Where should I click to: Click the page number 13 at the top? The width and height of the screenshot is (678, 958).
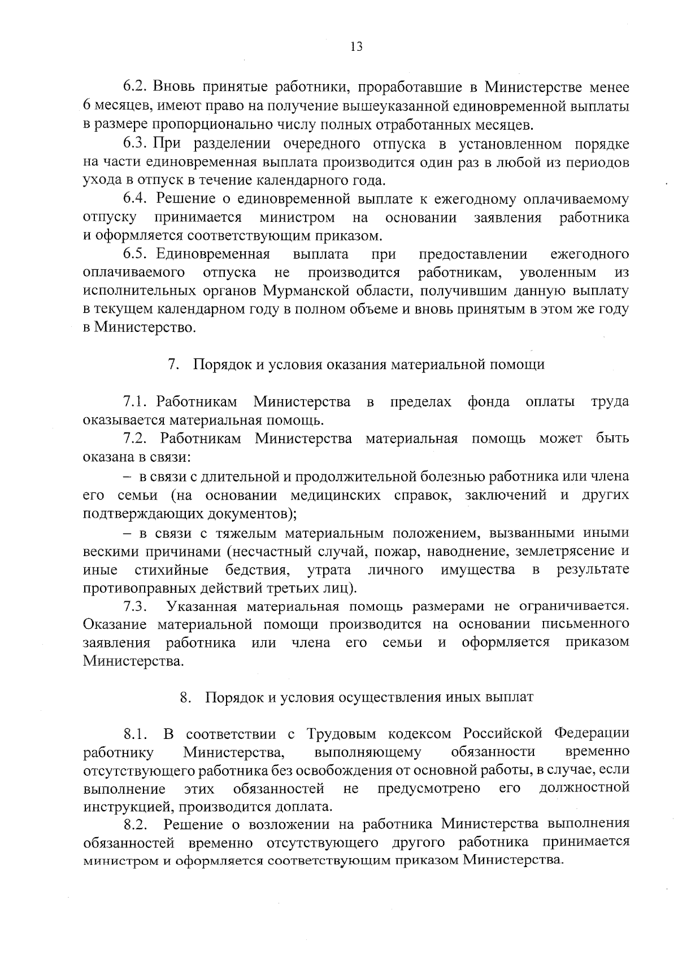[356, 47]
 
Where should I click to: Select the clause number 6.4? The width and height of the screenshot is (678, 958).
[136, 199]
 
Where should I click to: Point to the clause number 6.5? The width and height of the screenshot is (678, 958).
[136, 255]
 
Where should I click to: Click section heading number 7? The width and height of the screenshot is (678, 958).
[173, 365]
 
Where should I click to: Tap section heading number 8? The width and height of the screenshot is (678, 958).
[185, 697]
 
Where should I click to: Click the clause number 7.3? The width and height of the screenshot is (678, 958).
[136, 607]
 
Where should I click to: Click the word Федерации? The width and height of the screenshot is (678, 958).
[592, 734]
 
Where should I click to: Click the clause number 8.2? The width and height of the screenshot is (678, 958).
[136, 825]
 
